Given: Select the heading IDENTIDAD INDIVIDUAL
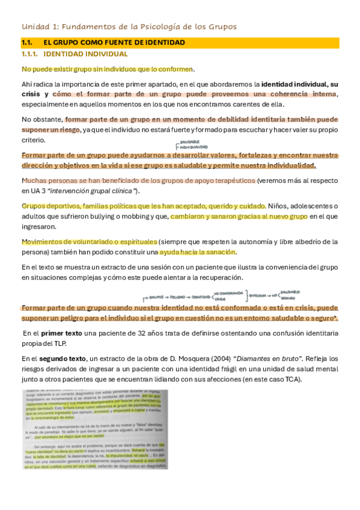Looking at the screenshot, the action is coord(85,54).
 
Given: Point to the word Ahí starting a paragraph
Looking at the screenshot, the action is coord(28,84).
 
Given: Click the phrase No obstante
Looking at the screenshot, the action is coord(41,119).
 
